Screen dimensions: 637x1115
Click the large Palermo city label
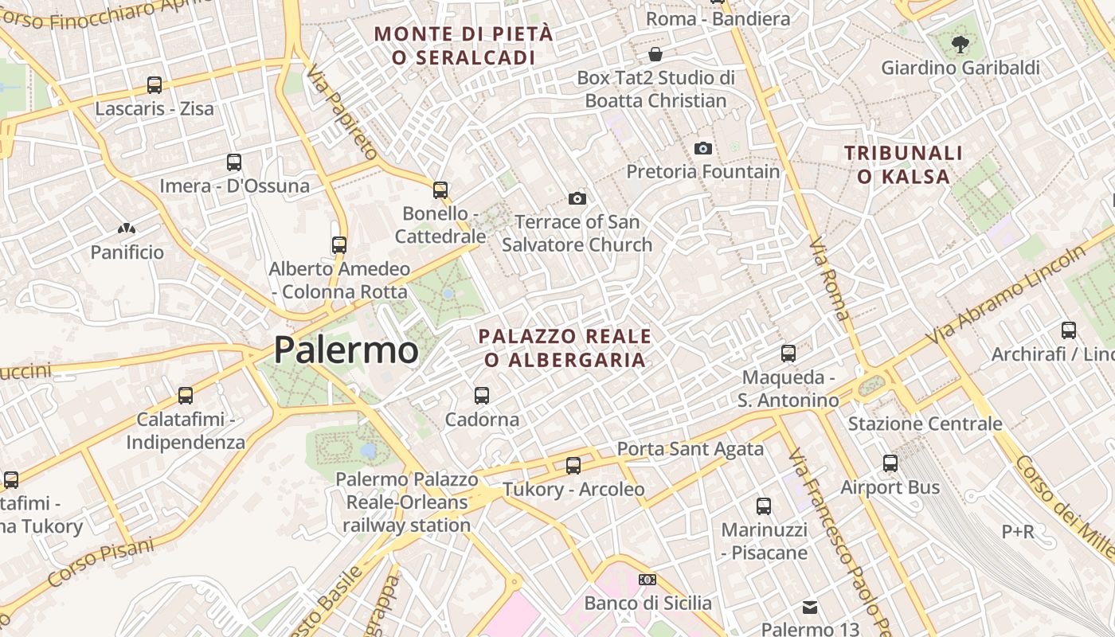click(346, 350)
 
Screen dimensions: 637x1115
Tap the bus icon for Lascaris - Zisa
click(155, 84)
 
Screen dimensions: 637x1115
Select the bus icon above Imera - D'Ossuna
click(234, 162)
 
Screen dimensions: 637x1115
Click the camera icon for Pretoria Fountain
click(702, 148)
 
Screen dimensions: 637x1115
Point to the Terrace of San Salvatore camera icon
click(577, 198)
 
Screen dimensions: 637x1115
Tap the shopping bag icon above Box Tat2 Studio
click(655, 54)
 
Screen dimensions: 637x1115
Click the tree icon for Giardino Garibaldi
click(960, 44)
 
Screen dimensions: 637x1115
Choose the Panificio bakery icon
click(127, 229)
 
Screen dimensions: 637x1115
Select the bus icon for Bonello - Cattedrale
click(440, 190)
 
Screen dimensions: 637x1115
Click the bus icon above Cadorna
click(482, 395)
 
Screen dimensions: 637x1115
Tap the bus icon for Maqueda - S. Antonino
click(788, 353)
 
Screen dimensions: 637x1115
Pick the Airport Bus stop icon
click(890, 463)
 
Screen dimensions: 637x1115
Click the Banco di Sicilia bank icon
click(647, 580)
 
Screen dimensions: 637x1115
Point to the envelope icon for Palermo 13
click(810, 608)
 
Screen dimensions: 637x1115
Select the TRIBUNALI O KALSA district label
click(903, 164)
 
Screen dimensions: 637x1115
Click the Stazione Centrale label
click(925, 424)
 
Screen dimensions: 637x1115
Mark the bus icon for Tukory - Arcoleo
click(573, 465)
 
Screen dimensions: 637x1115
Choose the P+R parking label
click(1018, 531)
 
